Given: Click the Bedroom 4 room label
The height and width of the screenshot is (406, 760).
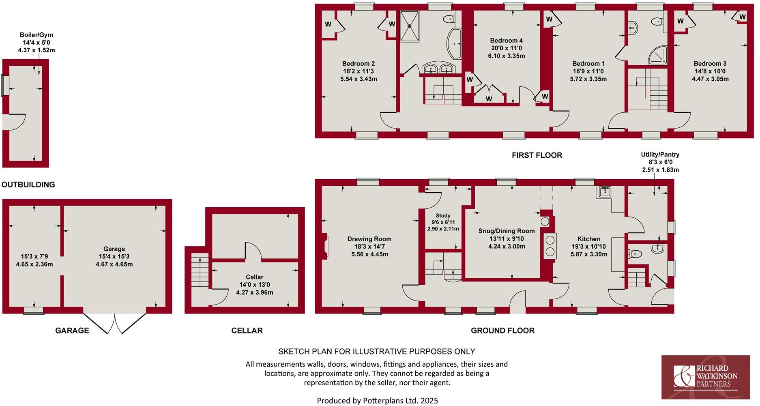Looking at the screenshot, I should point(506,41).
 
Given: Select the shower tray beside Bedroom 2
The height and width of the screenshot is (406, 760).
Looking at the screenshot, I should point(410,26).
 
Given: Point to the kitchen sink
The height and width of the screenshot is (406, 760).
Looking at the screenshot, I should point(604,191).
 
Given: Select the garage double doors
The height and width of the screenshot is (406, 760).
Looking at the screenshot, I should point(115,323).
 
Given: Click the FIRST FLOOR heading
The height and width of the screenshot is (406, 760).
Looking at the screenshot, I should point(537,155).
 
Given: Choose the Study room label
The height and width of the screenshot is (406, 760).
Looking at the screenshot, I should point(443,216).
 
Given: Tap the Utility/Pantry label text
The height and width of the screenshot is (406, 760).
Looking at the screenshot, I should point(660,155).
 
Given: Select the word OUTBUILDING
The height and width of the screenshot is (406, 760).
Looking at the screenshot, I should point(28,185).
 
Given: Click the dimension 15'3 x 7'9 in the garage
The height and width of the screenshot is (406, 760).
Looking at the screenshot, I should point(34,256).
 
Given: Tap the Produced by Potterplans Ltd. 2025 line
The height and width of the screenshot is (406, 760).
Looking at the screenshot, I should point(377,401).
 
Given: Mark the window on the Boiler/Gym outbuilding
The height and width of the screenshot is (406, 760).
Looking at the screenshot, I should point(4,85).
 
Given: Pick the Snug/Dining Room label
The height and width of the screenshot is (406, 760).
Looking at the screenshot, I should point(506,231).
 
